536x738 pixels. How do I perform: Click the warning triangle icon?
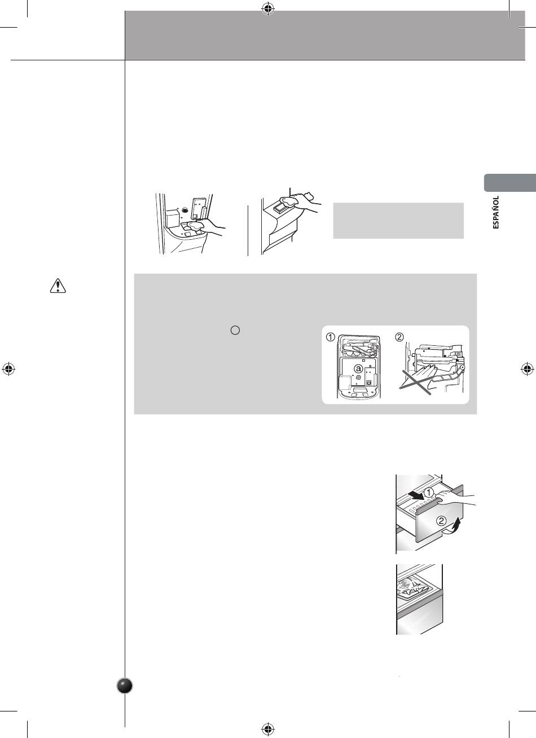pyautogui.click(x=58, y=285)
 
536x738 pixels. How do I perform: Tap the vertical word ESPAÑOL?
pyautogui.click(x=496, y=212)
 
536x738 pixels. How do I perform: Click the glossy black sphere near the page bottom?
pyautogui.click(x=125, y=686)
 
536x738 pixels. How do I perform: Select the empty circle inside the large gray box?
pyautogui.click(x=235, y=330)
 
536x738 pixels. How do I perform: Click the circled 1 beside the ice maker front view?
pyautogui.click(x=331, y=337)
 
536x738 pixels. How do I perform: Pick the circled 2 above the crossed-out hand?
pyautogui.click(x=399, y=337)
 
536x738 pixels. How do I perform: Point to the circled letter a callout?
pyautogui.click(x=358, y=368)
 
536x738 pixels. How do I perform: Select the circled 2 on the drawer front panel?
pyautogui.click(x=441, y=521)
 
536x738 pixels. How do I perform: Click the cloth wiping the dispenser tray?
pyautogui.click(x=194, y=226)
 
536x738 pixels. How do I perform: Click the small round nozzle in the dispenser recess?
pyautogui.click(x=184, y=209)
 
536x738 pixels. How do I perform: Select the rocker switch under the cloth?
pyautogui.click(x=279, y=208)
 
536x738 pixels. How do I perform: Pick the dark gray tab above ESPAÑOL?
pyautogui.click(x=510, y=182)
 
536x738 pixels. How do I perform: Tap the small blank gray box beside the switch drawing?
pyautogui.click(x=398, y=221)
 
